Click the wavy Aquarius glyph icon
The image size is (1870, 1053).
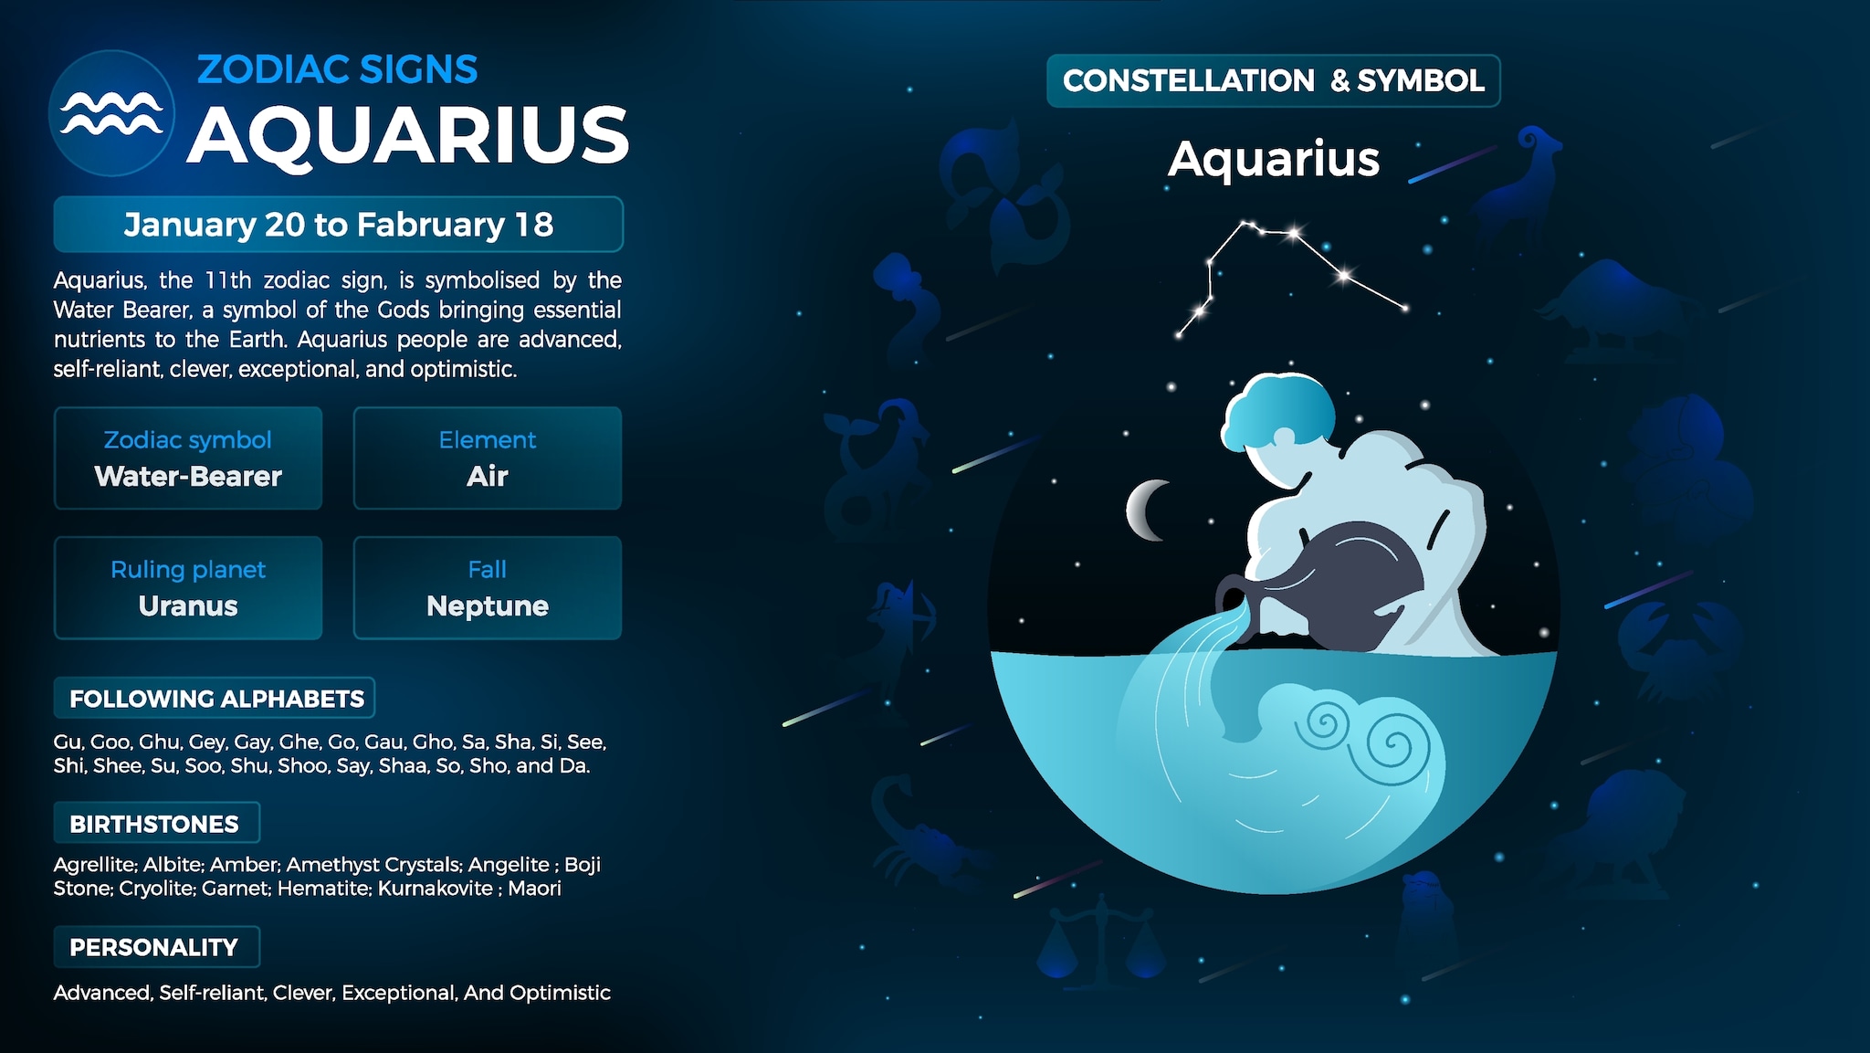pyautogui.click(x=111, y=113)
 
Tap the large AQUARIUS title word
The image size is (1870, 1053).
pyautogui.click(x=408, y=135)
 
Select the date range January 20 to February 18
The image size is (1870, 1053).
pyautogui.click(x=338, y=225)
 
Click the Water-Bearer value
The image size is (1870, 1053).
pyautogui.click(x=188, y=477)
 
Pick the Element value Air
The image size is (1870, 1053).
pyautogui.click(x=487, y=477)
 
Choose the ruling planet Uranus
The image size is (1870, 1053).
pyautogui.click(x=188, y=606)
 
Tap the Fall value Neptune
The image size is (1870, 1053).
pyautogui.click(x=487, y=606)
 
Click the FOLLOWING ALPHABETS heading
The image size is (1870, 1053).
pyautogui.click(x=215, y=699)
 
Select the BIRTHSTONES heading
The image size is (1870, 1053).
pyautogui.click(x=154, y=824)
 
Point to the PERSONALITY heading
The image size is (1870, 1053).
pyautogui.click(x=153, y=948)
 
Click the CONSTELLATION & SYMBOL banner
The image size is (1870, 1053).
pyautogui.click(x=1273, y=81)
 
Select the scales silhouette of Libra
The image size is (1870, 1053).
pyautogui.click(x=1101, y=945)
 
